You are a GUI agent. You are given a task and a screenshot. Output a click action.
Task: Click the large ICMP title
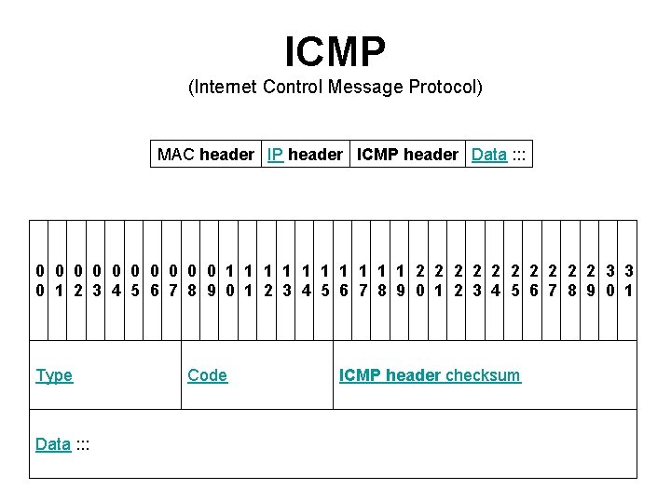335,52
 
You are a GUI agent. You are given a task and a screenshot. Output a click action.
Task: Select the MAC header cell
205,155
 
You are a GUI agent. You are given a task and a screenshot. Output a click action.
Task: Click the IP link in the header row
276,155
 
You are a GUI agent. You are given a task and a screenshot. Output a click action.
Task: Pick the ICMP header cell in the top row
407,155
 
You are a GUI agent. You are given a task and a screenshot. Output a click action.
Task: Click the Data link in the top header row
489,155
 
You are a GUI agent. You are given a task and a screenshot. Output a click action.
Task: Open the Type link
54,375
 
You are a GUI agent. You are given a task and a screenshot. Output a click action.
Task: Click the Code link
207,375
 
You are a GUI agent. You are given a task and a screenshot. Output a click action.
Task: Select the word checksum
483,375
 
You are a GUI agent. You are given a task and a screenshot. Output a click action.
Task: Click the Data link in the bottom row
53,444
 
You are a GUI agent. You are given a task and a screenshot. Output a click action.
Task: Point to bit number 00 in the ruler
40,280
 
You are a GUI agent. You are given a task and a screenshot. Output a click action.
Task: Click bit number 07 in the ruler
173,280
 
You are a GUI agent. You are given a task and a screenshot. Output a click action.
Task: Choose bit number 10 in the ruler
230,280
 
